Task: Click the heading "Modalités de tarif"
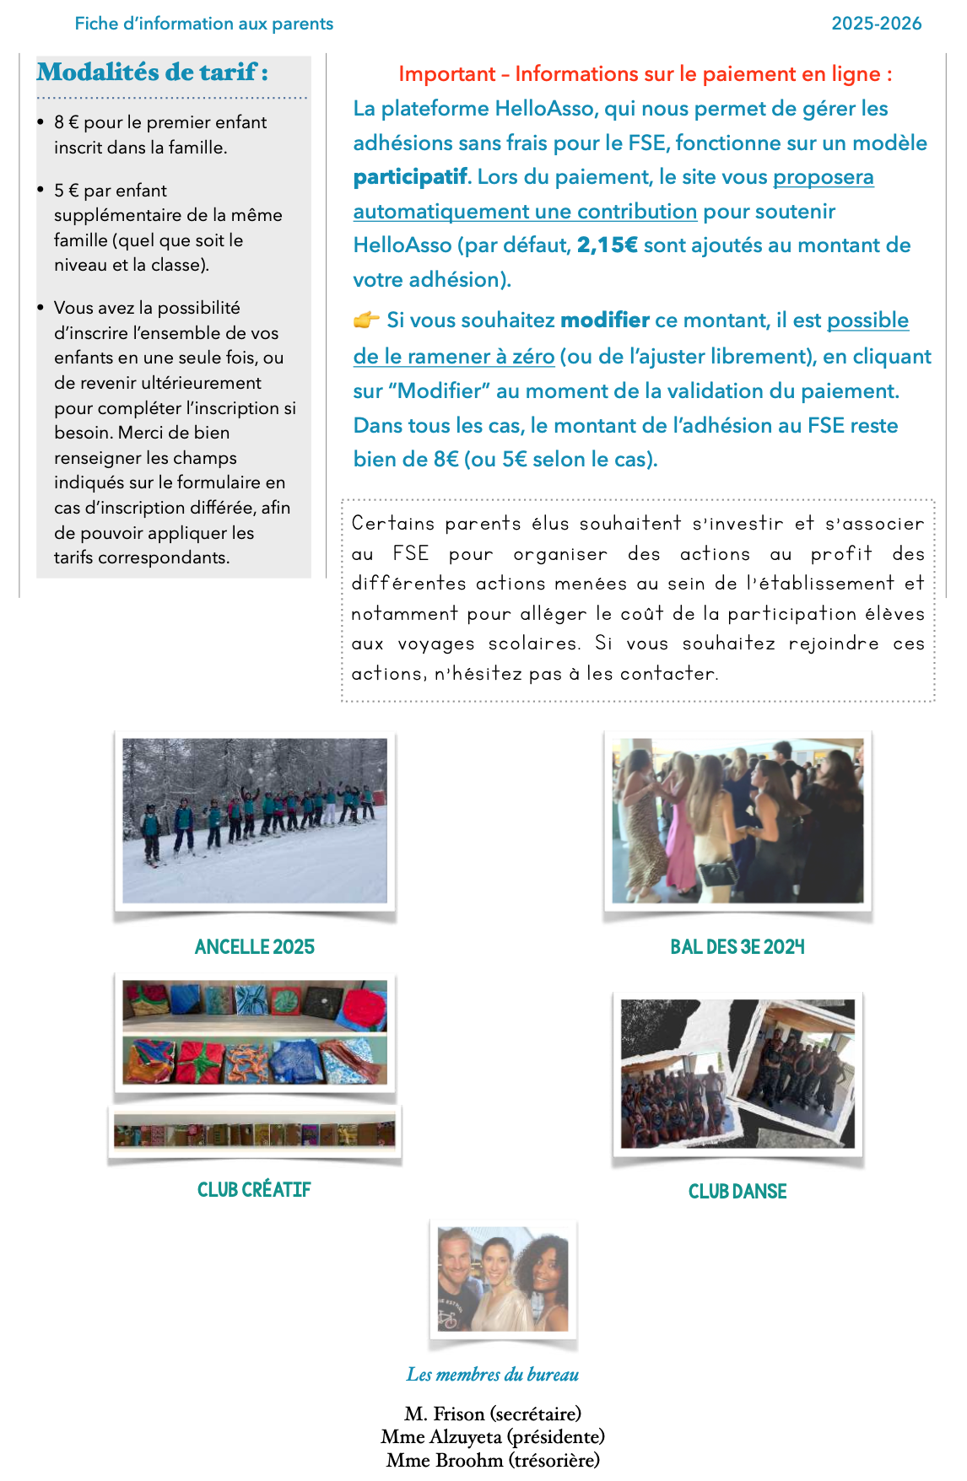pos(152,73)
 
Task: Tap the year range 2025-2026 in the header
pos(876,24)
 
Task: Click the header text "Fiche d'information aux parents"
pos(203,24)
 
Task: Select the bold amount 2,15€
pos(607,245)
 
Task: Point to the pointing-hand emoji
pos(366,320)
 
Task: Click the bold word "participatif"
pos(409,177)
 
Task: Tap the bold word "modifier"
pos(605,320)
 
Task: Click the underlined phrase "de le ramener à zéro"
pos(454,357)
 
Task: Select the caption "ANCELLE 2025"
pos(254,947)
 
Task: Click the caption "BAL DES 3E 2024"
pos(737,947)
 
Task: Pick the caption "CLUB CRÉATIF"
pos(254,1190)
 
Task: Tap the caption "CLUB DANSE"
pos(737,1192)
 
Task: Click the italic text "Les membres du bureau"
pos(493,1375)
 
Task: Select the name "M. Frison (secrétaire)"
pos(493,1414)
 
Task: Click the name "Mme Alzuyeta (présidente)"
pos(493,1436)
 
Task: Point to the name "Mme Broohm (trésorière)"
pos(493,1460)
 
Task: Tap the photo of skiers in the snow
pos(254,821)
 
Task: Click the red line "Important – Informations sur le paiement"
pos(645,74)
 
